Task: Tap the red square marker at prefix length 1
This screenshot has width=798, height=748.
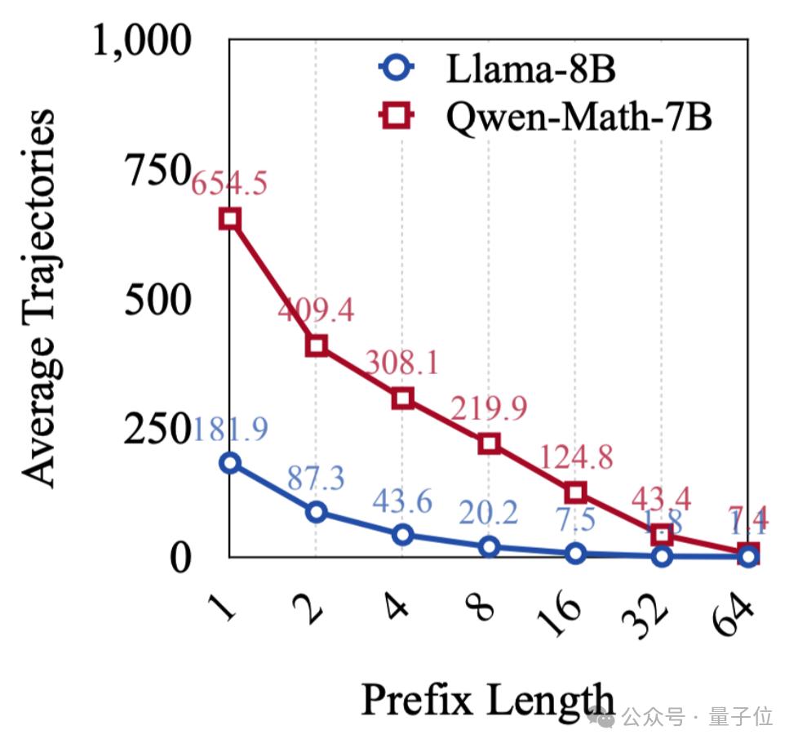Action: (x=230, y=218)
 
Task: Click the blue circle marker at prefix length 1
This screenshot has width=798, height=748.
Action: (x=230, y=463)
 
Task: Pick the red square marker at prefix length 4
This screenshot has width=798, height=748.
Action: (x=402, y=398)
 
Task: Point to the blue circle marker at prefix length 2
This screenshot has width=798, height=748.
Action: (x=316, y=512)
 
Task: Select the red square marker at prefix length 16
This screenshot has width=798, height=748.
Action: (x=575, y=492)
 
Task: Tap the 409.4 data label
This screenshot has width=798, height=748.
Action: (x=316, y=310)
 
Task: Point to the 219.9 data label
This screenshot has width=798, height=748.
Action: (x=489, y=407)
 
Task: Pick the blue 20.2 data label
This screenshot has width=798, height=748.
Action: (x=488, y=513)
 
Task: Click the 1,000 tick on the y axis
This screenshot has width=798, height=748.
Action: (x=144, y=41)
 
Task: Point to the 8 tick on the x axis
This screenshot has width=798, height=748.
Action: (x=484, y=608)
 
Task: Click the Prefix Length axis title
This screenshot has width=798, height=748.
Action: (x=488, y=699)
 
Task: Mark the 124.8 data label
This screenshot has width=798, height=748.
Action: (x=575, y=457)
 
